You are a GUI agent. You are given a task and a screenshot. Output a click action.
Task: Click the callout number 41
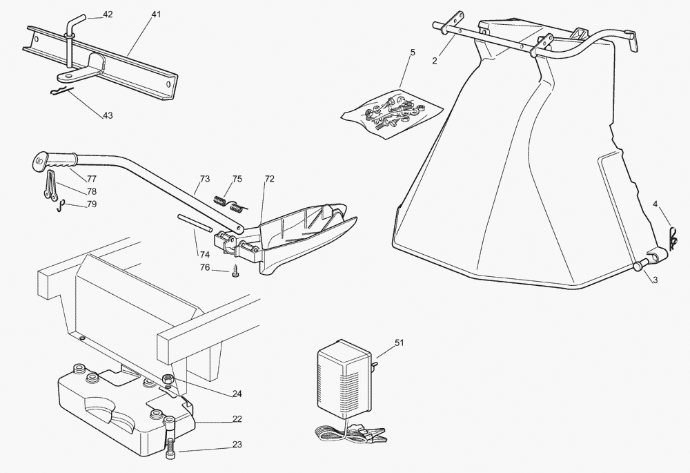[x=157, y=14]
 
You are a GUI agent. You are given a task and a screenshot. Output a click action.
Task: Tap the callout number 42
[x=108, y=14]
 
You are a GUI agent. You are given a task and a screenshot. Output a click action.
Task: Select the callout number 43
[x=108, y=115]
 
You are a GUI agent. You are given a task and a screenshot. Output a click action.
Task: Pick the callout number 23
[x=236, y=445]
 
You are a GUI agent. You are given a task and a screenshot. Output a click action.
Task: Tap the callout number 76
[x=205, y=267]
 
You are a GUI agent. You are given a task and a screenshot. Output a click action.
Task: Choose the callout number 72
[x=269, y=179]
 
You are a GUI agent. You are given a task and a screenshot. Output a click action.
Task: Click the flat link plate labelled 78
[x=50, y=187]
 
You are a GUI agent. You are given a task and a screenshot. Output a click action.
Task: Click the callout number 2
[x=435, y=60]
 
